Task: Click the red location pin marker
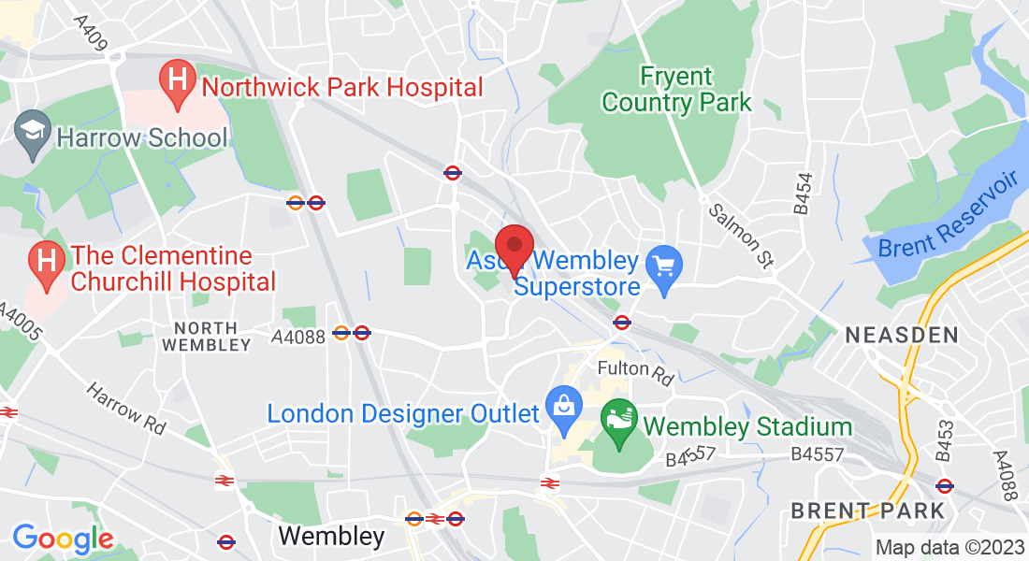pyautogui.click(x=514, y=248)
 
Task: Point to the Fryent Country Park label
pyautogui.click(x=675, y=89)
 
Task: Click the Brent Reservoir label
pyautogui.click(x=948, y=217)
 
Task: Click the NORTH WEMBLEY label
pyautogui.click(x=206, y=336)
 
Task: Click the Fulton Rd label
pyautogui.click(x=636, y=372)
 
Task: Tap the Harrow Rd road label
pyautogui.click(x=126, y=409)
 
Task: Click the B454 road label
pyautogui.click(x=803, y=194)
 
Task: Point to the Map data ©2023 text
pyautogui.click(x=948, y=547)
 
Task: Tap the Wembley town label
pyautogui.click(x=331, y=536)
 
